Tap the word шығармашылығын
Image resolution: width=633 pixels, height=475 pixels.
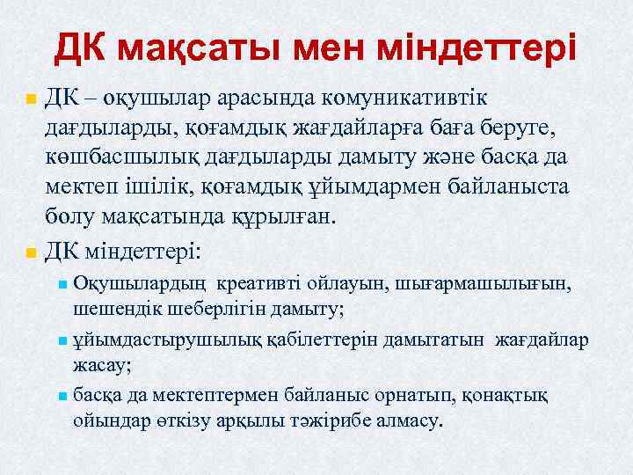click(x=497, y=284)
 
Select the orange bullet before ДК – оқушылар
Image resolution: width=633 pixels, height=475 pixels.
click(x=31, y=98)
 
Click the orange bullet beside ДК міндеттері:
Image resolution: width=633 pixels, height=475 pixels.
click(x=31, y=252)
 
